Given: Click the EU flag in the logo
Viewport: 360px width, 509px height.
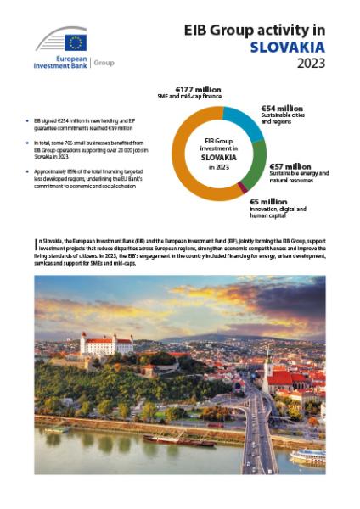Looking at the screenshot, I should (x=76, y=43).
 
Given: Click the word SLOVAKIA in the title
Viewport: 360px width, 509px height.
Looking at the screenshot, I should (x=289, y=47).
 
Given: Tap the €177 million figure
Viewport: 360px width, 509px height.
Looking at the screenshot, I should (x=199, y=89).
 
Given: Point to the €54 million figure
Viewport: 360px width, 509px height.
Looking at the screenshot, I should (x=282, y=108).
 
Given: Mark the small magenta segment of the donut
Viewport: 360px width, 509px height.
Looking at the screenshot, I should (x=243, y=187).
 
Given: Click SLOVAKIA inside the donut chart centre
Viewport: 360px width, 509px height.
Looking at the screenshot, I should (x=218, y=157).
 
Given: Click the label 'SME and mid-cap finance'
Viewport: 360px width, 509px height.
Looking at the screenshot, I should (x=198, y=98).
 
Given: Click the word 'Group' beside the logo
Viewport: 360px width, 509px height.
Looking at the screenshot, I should (x=104, y=62).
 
